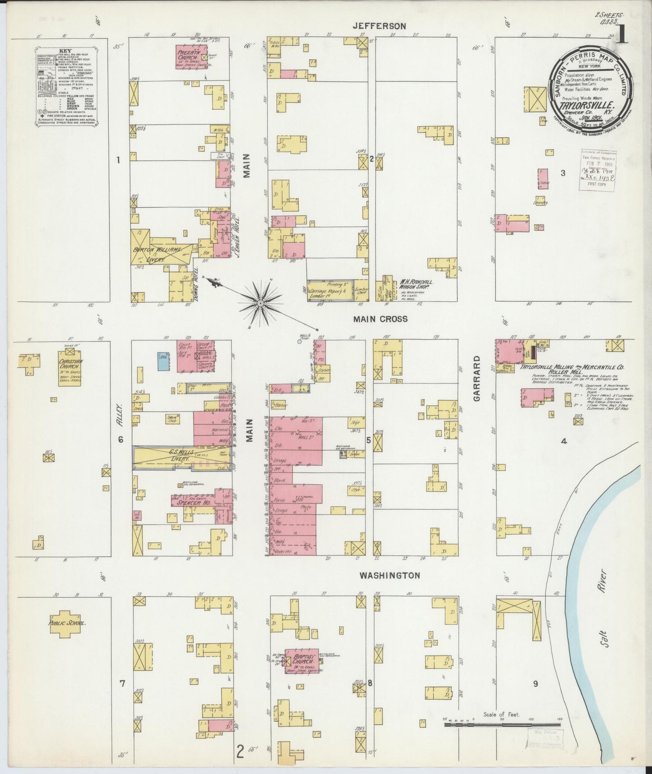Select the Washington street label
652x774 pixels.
(x=389, y=575)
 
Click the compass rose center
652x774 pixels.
(x=260, y=303)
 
